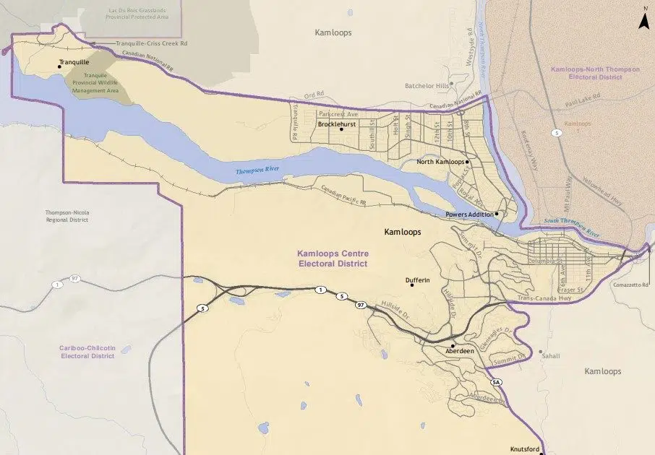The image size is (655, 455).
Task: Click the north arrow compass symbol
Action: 642,19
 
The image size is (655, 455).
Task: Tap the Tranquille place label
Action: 74,62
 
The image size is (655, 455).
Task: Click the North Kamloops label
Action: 440,162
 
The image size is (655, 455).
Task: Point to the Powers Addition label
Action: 469,214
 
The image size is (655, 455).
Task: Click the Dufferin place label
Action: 417,279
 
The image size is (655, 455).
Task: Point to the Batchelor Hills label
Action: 427,86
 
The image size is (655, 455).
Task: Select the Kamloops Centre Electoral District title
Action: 333,259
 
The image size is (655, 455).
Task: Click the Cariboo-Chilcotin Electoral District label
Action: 87,352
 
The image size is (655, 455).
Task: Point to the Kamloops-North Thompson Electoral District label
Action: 586,72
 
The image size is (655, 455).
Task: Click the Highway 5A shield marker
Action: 496,381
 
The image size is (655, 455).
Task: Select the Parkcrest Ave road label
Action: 338,114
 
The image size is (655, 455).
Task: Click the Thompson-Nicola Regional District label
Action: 67,215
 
